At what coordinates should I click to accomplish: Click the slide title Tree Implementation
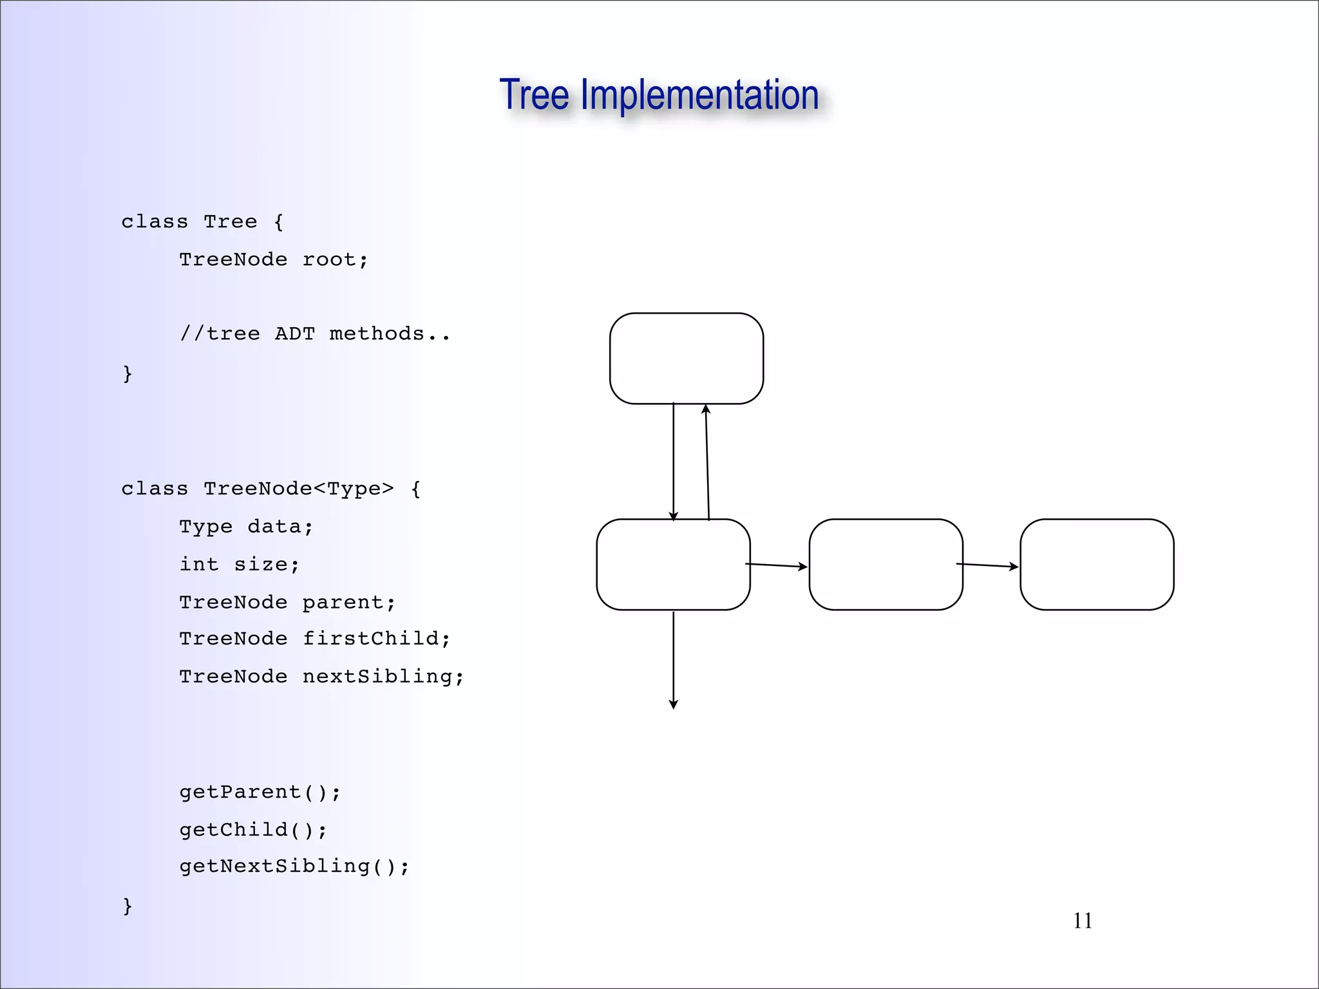[x=659, y=95]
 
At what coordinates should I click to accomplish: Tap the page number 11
[x=1083, y=921]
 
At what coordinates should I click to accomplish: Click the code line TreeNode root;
[x=274, y=259]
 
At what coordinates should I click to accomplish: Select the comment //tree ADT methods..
[x=314, y=334]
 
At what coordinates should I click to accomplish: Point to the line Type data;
[x=246, y=527]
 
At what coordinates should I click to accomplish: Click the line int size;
[x=240, y=564]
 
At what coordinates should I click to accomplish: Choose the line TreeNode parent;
[x=287, y=602]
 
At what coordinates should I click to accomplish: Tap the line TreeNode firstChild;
[x=314, y=639]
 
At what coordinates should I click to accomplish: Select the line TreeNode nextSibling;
[x=321, y=676]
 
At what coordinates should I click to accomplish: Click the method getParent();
[x=260, y=792]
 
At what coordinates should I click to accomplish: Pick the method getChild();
[x=253, y=829]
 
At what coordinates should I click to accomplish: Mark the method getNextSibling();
[x=294, y=866]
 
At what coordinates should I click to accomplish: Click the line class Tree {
[x=202, y=221]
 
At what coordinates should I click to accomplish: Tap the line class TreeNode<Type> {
[x=270, y=489]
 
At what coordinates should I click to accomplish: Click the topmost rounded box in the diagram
[x=687, y=359]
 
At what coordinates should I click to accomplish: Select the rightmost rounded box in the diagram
[x=1097, y=564]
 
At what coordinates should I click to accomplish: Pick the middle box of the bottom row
[x=886, y=564]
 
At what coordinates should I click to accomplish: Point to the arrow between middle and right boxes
[x=987, y=565]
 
